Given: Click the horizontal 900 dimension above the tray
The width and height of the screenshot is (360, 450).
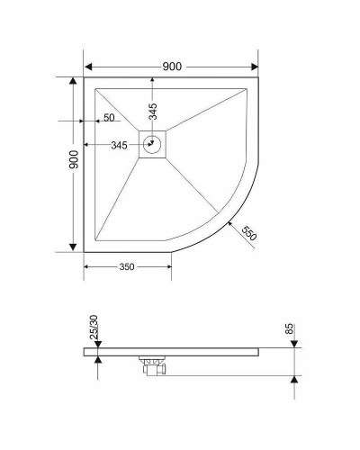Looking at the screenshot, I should tap(173, 67).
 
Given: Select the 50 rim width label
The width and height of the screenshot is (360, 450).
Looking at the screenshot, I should tap(108, 118).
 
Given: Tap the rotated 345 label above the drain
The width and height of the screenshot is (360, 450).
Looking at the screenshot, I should tap(153, 112).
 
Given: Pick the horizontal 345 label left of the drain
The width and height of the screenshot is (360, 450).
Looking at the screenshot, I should tap(117, 144).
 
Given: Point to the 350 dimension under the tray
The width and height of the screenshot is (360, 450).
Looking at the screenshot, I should tap(126, 266).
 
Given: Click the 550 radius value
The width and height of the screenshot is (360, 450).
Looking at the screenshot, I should tap(249, 231).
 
